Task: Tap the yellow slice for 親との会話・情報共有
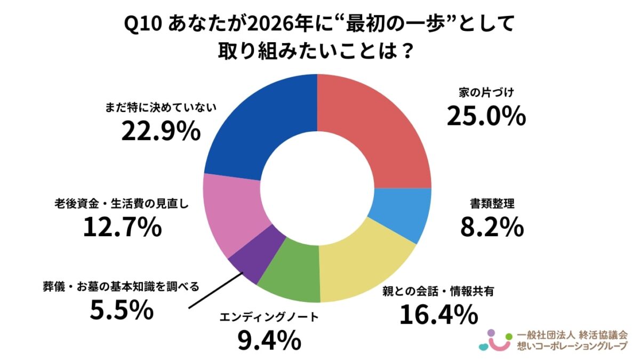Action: (x=363, y=267)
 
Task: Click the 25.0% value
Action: (x=486, y=116)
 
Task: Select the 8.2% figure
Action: (x=491, y=228)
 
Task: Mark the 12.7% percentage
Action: (x=122, y=228)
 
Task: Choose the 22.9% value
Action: (x=161, y=132)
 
